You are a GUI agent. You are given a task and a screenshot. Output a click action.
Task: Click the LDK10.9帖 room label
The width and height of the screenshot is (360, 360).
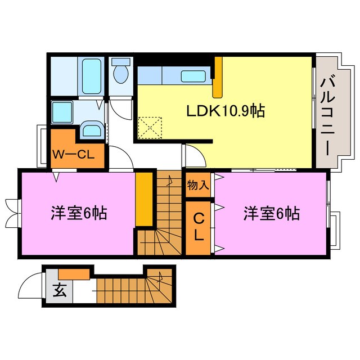(x=226, y=111)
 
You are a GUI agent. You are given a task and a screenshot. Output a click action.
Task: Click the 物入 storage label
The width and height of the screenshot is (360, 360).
(x=198, y=184)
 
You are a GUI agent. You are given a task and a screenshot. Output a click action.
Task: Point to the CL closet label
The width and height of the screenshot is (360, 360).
(x=199, y=227)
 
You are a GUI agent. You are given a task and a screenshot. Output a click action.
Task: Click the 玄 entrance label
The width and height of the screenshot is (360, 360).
(x=59, y=291)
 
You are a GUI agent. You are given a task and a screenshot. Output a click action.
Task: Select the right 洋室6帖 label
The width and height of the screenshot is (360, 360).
(x=271, y=214)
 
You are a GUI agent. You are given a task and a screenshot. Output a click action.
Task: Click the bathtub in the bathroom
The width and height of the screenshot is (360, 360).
(x=90, y=76)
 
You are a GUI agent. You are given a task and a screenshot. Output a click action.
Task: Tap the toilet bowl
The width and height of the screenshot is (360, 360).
(x=120, y=73)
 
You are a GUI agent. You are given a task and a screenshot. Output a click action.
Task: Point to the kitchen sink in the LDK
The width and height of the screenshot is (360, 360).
(x=194, y=76)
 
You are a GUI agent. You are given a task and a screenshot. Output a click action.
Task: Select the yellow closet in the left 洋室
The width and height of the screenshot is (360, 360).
(x=145, y=199)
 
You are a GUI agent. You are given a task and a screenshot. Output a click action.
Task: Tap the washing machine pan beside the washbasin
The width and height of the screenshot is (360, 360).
(x=60, y=111)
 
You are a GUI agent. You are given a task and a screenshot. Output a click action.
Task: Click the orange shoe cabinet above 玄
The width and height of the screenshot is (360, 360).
(x=73, y=274)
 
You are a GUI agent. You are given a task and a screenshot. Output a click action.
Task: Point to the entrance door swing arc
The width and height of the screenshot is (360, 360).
(x=28, y=287)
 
